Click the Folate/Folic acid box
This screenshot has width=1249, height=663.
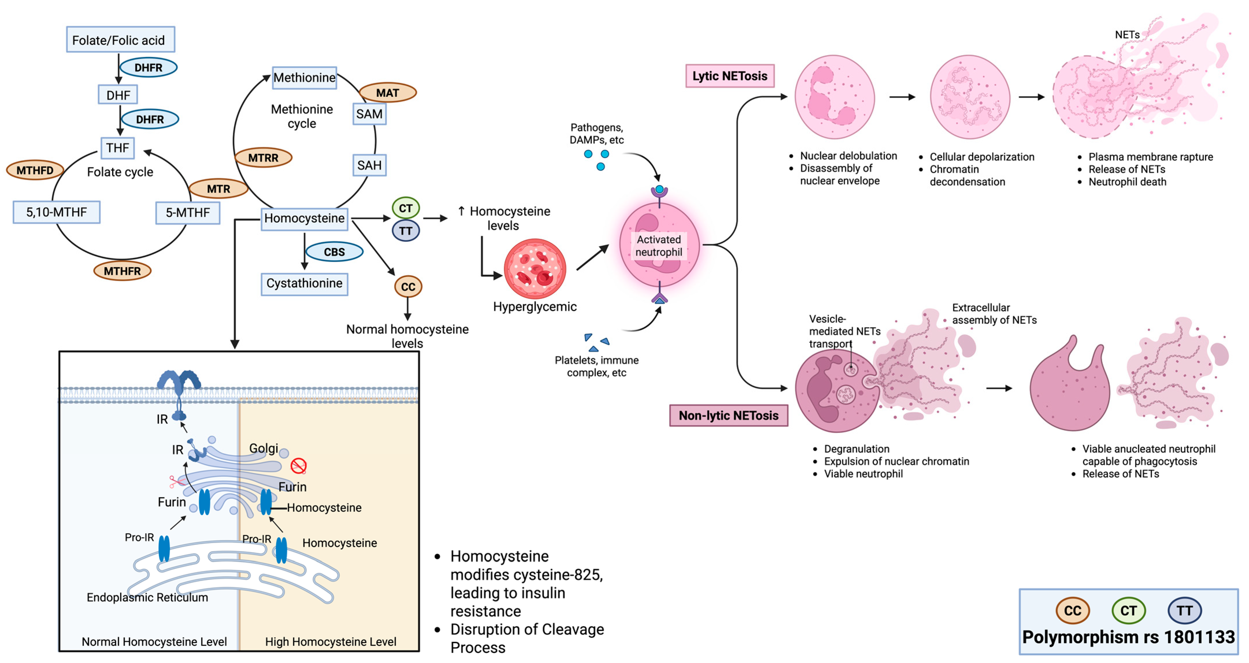120,39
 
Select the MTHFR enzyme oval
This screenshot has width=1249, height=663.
122,271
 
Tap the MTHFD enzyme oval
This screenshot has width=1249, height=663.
35,170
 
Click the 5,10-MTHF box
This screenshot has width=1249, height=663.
57,212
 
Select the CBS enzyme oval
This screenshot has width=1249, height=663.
334,252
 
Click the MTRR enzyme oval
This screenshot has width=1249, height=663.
263,158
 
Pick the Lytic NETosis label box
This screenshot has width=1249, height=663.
730,76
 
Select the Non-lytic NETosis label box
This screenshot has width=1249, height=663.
728,415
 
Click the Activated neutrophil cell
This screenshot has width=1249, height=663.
659,245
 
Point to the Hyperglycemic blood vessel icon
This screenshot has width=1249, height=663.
535,268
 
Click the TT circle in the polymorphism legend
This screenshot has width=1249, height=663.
1185,611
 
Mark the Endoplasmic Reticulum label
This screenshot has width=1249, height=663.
147,597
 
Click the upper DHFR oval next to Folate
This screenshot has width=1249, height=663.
149,67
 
